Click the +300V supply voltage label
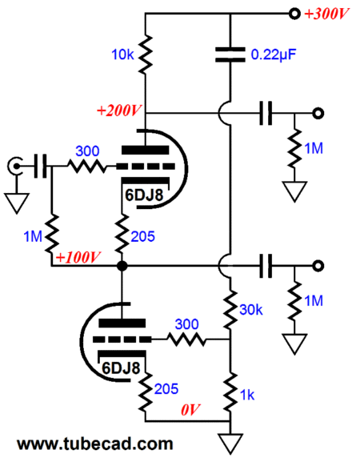point(326,14)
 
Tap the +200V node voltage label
point(118,110)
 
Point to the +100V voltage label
point(78,257)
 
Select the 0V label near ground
point(190,410)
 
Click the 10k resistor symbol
point(145,54)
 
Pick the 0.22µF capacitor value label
point(274,54)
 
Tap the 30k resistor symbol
point(230,309)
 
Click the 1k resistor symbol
point(230,392)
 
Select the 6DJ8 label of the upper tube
point(144,195)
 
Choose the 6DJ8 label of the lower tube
point(121,368)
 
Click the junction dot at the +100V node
point(122,266)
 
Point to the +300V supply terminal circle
point(294,14)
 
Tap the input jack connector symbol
point(15,167)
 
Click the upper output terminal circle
point(318,113)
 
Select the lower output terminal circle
point(318,266)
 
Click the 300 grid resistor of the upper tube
point(87,167)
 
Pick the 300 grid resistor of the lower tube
point(186,339)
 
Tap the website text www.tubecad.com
point(95,444)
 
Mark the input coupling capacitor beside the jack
point(40,167)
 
